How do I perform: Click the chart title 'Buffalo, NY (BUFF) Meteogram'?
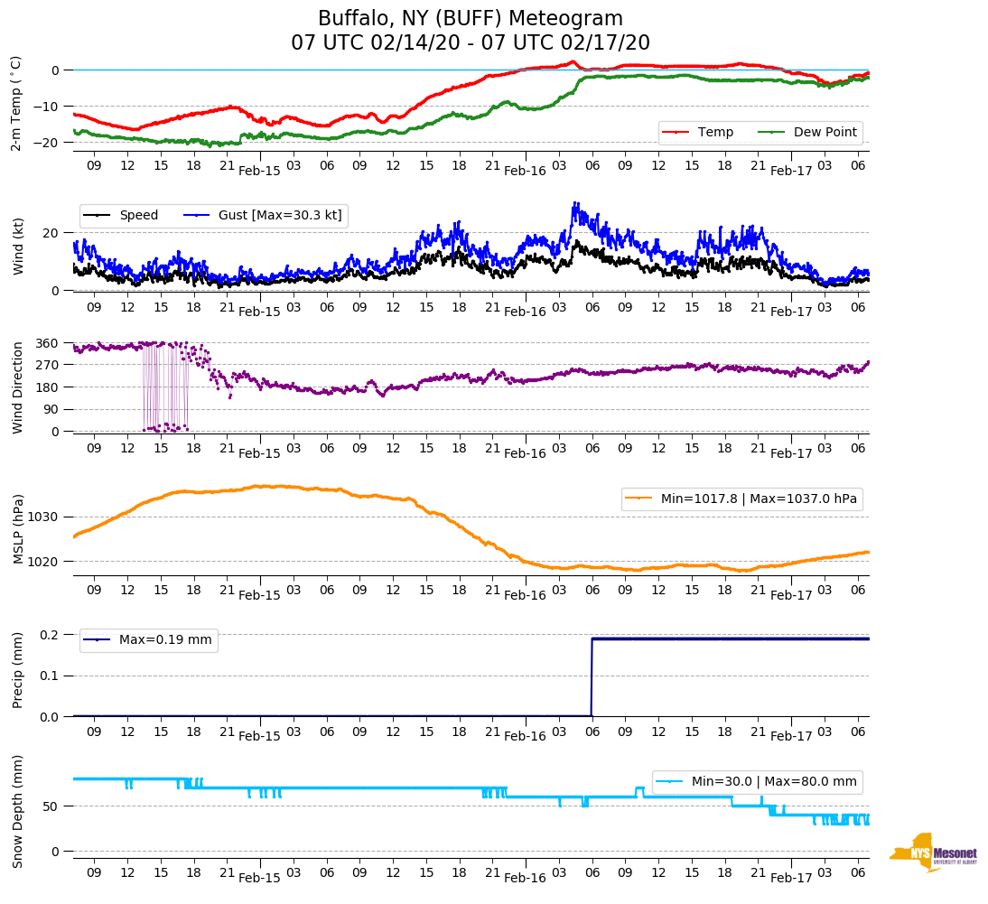[470, 19]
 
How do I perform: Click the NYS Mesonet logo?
[933, 853]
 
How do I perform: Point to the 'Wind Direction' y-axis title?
[17, 387]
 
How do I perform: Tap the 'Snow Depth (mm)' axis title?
[17, 811]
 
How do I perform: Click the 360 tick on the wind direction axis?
[48, 343]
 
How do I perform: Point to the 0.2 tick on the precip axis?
[49, 635]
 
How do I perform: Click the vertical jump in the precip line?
[592, 677]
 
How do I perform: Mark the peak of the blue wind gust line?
[574, 203]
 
